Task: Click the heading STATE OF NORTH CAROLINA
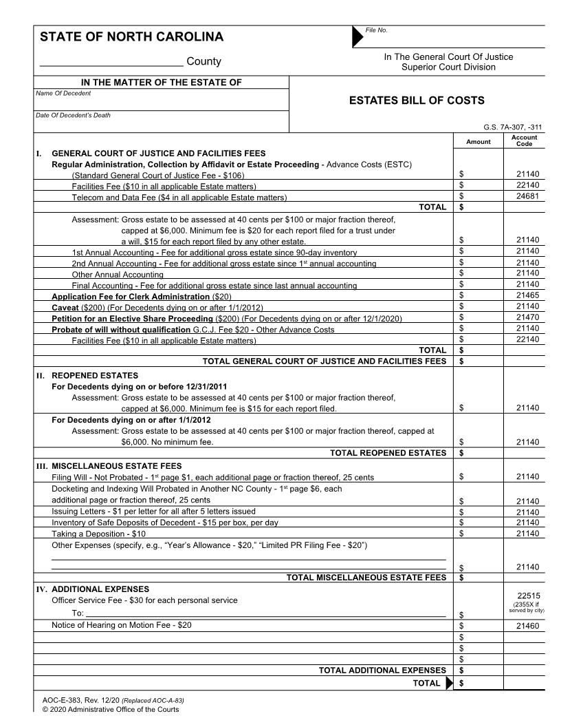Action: tap(131, 37)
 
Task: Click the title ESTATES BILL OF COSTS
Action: tap(417, 101)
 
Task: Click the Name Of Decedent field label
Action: tap(63, 93)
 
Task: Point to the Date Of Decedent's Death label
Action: tap(73, 115)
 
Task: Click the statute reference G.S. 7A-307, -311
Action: tap(513, 127)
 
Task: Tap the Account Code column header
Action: tap(524, 141)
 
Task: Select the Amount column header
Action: tap(478, 142)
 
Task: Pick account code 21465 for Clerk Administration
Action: tap(527, 295)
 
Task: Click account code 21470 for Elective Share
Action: tap(527, 318)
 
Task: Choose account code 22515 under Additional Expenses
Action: tap(527, 596)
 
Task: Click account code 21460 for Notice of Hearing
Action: tap(527, 626)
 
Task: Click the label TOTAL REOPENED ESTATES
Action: tap(388, 453)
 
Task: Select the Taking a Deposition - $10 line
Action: tap(98, 534)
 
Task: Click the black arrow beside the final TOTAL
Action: tap(450, 683)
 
